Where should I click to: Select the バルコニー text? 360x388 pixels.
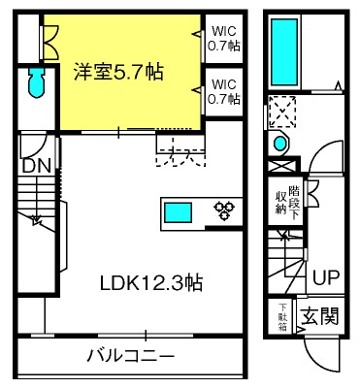pos(129,354)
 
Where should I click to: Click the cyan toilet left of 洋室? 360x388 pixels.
pos(36,85)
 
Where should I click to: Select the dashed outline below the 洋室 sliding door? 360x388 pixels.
pos(179,148)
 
